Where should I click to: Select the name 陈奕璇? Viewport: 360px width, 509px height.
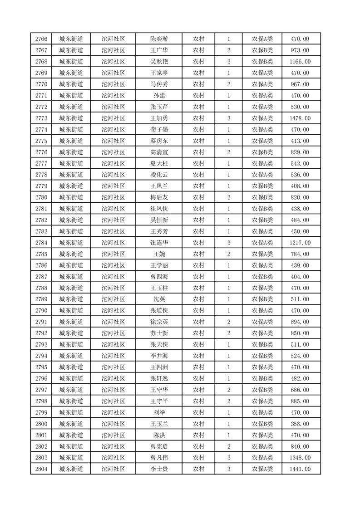[x=159, y=39]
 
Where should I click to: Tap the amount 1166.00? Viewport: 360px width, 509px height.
[x=300, y=62]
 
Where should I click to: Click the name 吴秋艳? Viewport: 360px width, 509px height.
[x=159, y=62]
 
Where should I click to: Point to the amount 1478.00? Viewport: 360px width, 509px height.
[x=300, y=118]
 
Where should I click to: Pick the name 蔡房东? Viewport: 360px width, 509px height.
[x=159, y=141]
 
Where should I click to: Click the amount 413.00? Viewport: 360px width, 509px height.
[x=300, y=141]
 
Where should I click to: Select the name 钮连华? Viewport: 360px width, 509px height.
[x=159, y=243]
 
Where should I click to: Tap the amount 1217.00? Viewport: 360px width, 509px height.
[x=300, y=243]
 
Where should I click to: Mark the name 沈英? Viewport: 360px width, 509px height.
[x=159, y=299]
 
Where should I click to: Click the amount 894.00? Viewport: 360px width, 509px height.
[x=300, y=322]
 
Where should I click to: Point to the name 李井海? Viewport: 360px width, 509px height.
[x=159, y=356]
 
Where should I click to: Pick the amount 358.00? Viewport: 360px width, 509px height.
[x=300, y=424]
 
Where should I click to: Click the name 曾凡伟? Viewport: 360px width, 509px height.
[x=159, y=458]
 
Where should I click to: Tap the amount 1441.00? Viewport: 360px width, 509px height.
[x=300, y=469]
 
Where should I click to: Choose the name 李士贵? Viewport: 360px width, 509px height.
[x=159, y=469]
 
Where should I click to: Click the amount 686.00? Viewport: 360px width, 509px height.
[x=300, y=390]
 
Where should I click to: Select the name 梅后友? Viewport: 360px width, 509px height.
[x=159, y=197]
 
